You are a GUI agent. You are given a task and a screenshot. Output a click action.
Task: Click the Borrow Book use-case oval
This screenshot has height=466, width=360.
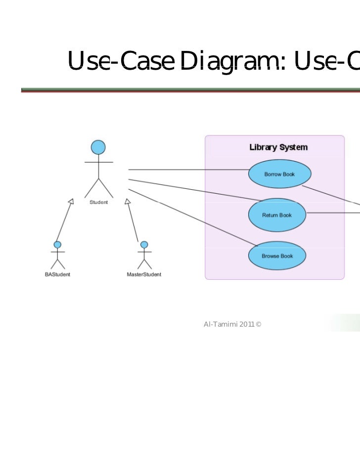(x=279, y=174)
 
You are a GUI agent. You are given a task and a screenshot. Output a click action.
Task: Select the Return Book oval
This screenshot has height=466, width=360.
(x=277, y=215)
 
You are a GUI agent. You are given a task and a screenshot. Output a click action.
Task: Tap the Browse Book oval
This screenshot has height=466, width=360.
(x=277, y=256)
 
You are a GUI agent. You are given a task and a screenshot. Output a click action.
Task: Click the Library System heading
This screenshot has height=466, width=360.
(x=278, y=147)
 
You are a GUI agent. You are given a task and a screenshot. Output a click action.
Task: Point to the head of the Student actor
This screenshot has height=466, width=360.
(x=98, y=147)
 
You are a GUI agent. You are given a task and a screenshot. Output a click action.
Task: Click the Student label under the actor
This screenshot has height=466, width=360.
(x=98, y=202)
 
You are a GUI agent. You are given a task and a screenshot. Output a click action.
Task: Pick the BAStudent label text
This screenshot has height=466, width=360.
(x=57, y=274)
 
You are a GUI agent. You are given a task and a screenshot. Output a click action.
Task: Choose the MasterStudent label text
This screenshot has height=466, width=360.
(x=144, y=274)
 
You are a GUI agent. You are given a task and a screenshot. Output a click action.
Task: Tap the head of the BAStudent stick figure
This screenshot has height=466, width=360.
(x=57, y=245)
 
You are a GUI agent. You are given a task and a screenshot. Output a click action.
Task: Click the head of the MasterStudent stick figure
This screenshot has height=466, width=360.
(x=144, y=245)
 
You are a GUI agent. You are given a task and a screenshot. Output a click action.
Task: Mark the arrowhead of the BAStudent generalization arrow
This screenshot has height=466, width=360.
(x=71, y=201)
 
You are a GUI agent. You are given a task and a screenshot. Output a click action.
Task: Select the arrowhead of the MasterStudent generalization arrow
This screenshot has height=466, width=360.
(x=127, y=201)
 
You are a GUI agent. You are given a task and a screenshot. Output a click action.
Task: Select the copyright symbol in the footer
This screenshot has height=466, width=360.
(x=259, y=324)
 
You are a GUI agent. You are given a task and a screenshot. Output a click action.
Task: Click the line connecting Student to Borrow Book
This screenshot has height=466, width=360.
(x=188, y=170)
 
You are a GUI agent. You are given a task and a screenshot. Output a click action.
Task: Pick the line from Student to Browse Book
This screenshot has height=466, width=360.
(x=193, y=217)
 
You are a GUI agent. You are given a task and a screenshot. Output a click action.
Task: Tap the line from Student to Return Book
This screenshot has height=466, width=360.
(x=193, y=189)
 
